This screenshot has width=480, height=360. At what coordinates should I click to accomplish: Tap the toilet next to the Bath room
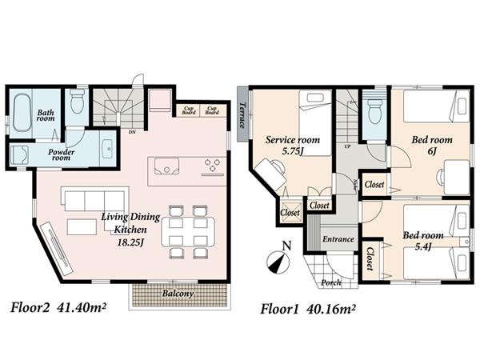coord(78,102)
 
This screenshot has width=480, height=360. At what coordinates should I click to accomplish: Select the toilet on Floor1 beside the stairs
coord(373,111)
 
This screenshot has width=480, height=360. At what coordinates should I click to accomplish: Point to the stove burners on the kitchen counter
coord(213,166)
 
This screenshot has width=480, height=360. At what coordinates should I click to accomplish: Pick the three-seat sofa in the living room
coord(94,199)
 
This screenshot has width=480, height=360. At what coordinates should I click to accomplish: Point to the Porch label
coord(330,282)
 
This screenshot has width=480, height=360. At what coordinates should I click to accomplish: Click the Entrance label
coord(338,239)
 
